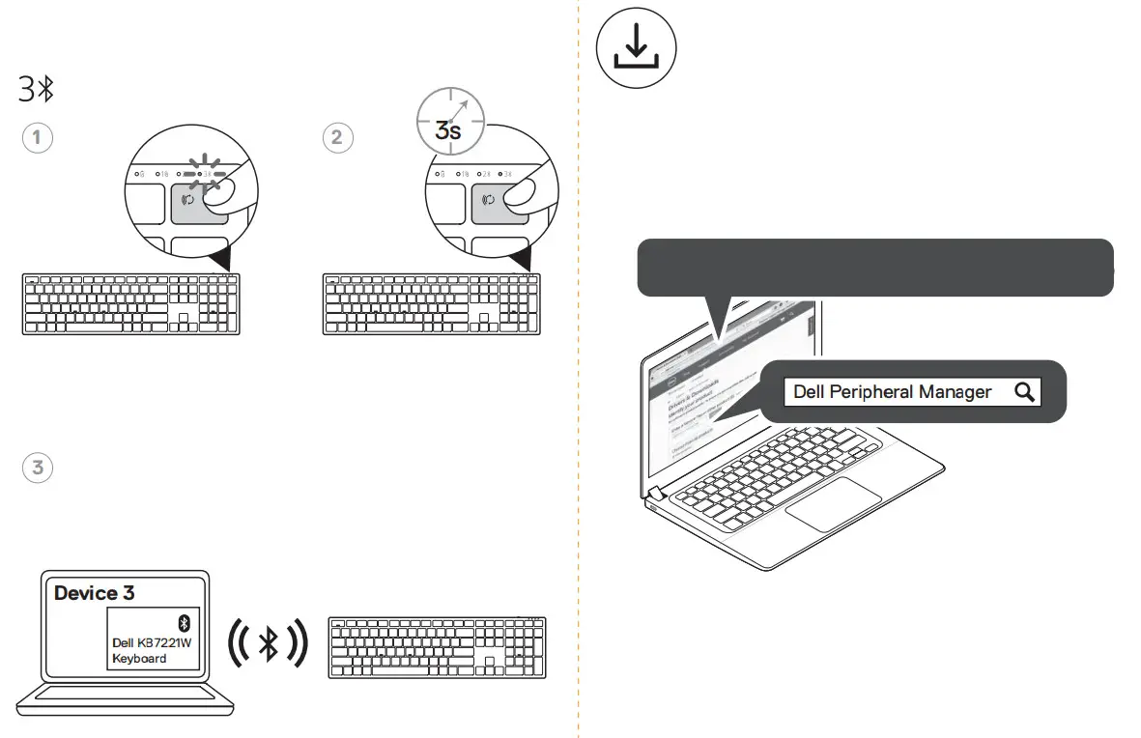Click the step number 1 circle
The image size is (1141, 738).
click(x=37, y=137)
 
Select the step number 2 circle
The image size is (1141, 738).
click(x=336, y=137)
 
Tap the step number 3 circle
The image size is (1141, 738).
click(x=37, y=468)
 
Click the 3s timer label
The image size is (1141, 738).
click(x=448, y=128)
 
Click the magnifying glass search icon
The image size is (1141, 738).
click(x=1024, y=391)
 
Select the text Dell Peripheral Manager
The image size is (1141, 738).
click(x=892, y=391)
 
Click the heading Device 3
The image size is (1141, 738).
click(x=94, y=593)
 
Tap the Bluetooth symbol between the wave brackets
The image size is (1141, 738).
click(x=269, y=643)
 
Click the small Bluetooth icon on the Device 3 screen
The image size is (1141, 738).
click(x=185, y=622)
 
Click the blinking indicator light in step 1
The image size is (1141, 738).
click(x=204, y=174)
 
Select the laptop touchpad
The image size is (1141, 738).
click(x=833, y=502)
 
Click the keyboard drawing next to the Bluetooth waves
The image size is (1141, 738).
click(x=437, y=647)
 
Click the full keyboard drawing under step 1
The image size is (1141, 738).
click(x=130, y=303)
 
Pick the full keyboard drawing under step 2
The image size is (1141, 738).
click(x=431, y=303)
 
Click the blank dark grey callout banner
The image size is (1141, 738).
click(x=874, y=267)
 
